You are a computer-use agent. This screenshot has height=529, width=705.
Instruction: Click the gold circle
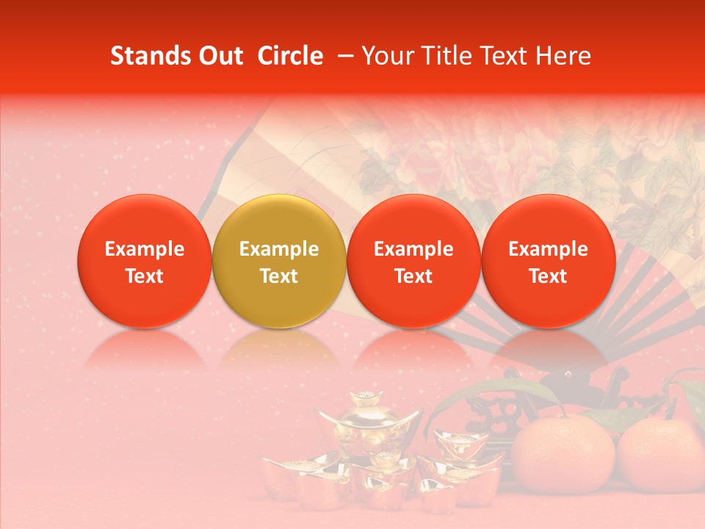pos(279,261)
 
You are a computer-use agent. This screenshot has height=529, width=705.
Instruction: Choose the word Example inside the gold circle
pos(279,249)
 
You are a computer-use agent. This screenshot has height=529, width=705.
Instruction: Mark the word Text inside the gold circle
pos(279,276)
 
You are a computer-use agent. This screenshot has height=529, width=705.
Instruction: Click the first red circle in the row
pos(145,261)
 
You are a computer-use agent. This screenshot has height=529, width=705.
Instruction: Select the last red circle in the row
pos(549,261)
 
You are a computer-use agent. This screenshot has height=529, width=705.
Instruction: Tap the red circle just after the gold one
pos(413,261)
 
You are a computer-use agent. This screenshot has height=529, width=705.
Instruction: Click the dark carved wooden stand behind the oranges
pos(580,389)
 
